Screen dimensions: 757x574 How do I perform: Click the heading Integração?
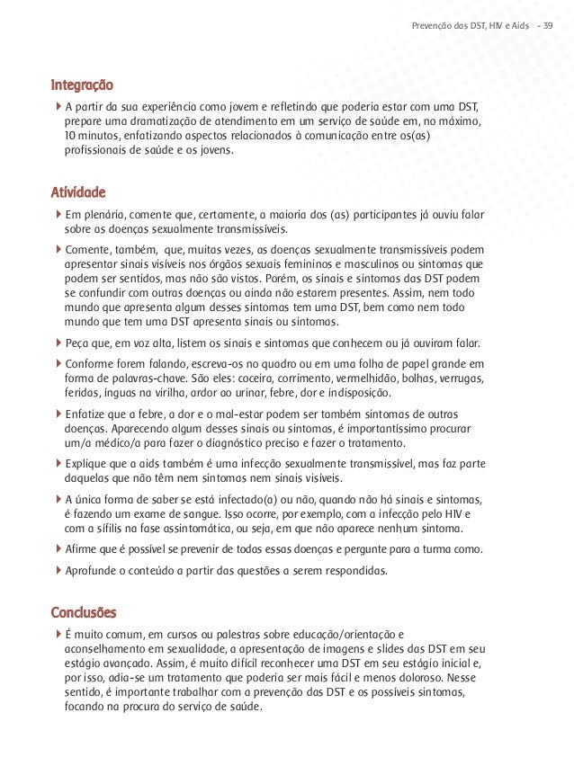[x=82, y=87]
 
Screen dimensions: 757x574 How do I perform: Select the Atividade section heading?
[x=79, y=192]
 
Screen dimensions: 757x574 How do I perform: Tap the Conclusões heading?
[x=84, y=613]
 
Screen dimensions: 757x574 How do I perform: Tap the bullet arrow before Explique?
[x=58, y=461]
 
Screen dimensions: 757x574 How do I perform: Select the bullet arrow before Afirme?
[x=58, y=549]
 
